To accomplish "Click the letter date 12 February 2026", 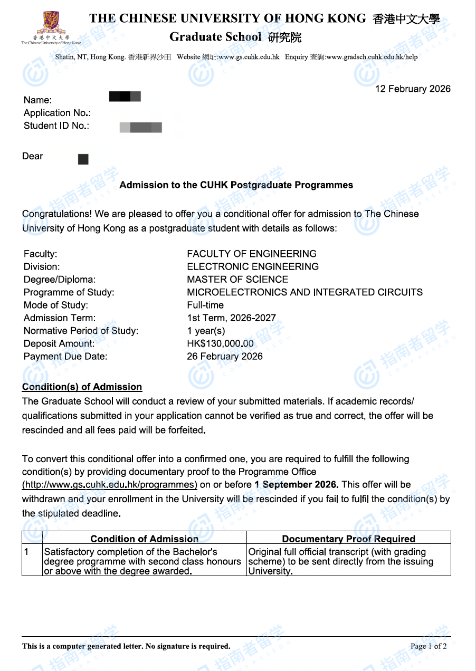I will [x=413, y=89].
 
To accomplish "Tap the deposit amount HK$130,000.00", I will [x=220, y=343].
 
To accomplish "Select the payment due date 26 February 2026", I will [x=224, y=356].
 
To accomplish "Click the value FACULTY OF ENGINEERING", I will [x=252, y=254].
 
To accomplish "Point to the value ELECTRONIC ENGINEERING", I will [x=253, y=266].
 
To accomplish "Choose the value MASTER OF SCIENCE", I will [x=237, y=280].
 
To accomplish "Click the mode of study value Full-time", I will [x=205, y=305].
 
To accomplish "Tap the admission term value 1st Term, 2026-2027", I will [x=231, y=318].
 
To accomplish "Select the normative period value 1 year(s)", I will [x=206, y=331].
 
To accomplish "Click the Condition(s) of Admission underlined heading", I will [x=82, y=387].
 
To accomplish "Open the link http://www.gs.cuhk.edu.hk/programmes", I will [x=110, y=485].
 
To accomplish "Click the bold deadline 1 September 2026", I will [x=296, y=485].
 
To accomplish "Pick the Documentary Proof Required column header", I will [x=348, y=539].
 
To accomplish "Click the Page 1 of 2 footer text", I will [x=429, y=646].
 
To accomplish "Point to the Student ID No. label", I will [x=56, y=126].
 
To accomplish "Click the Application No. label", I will [x=58, y=113].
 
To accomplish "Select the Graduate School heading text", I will [x=215, y=37].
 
